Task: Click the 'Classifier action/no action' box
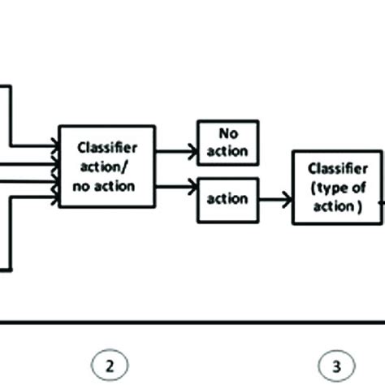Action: pos(106,167)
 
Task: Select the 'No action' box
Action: pos(228,142)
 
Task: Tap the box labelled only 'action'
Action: pos(228,199)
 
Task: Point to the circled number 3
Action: pos(333,365)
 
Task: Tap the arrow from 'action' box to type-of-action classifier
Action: pos(275,198)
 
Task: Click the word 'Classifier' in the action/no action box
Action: pos(106,147)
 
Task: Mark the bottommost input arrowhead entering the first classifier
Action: pos(55,197)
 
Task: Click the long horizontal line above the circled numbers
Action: pos(192,322)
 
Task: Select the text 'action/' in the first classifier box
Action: pos(106,167)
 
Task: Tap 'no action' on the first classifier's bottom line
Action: pos(106,186)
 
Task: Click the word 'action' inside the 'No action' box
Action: pos(228,152)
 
